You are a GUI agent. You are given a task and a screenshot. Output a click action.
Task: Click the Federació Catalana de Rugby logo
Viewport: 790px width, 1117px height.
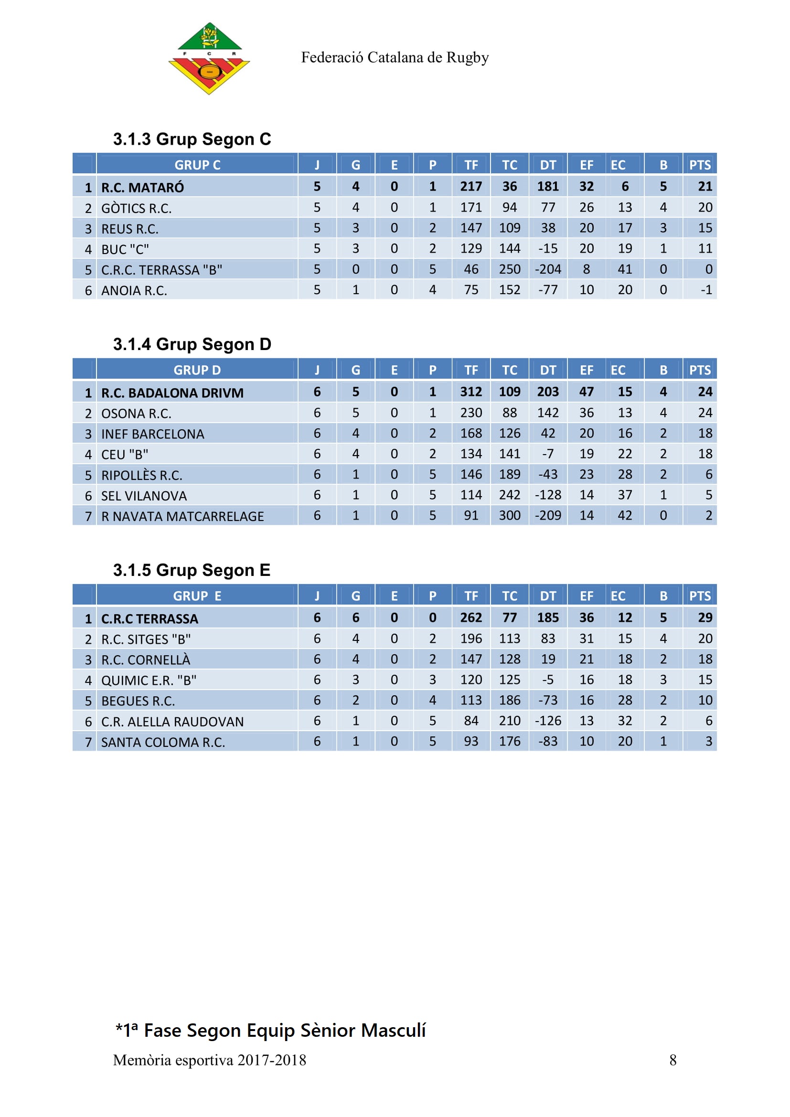(x=209, y=58)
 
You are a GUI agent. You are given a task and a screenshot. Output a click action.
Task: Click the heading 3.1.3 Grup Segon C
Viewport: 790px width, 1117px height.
(x=192, y=139)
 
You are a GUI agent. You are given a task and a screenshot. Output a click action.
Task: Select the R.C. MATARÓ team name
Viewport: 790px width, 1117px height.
(x=142, y=187)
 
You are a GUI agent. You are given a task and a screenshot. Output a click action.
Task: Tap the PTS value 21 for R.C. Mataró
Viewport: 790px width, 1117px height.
(x=705, y=187)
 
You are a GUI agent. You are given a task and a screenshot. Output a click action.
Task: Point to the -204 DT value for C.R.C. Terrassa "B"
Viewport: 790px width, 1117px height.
(x=548, y=269)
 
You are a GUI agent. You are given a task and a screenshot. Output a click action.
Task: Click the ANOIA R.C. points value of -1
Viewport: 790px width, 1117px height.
(x=706, y=290)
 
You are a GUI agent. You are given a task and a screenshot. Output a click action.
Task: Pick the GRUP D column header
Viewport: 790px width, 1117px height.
(x=197, y=370)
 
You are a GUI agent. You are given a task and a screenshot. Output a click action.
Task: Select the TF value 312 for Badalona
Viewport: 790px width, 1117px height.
(x=471, y=392)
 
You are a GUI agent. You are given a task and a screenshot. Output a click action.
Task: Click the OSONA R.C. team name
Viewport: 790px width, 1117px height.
(x=136, y=414)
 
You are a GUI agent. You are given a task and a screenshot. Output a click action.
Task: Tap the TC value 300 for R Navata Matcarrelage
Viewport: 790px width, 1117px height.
(x=509, y=516)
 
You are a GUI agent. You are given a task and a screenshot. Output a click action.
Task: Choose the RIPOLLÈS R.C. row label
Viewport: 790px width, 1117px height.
(x=141, y=475)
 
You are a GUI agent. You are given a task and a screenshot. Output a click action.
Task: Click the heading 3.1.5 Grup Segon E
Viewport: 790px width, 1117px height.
(x=191, y=570)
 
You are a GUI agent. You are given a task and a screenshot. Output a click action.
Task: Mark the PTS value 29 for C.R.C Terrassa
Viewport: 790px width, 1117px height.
(x=705, y=618)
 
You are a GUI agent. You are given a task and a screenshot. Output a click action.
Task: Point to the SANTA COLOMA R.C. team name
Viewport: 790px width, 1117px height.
(x=163, y=743)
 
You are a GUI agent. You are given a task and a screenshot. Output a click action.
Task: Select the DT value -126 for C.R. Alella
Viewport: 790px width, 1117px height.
(x=548, y=721)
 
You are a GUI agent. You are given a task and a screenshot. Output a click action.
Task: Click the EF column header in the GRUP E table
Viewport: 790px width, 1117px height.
(x=586, y=596)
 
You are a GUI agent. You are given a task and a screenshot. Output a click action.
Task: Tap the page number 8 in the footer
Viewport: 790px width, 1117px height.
(x=673, y=1060)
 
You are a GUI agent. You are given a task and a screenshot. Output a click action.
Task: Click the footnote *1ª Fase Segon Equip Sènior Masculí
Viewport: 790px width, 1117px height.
(x=270, y=1031)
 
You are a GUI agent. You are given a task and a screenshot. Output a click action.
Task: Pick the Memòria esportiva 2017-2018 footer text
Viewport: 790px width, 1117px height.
(x=209, y=1060)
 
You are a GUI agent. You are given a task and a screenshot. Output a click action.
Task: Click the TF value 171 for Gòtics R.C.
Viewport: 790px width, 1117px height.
(x=471, y=208)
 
